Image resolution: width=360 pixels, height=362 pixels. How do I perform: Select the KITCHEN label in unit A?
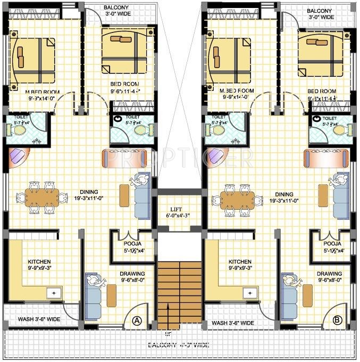pos(39,262)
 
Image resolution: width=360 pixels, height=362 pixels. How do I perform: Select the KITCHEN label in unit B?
pos(240,262)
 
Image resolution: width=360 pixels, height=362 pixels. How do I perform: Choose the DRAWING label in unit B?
pos(329,274)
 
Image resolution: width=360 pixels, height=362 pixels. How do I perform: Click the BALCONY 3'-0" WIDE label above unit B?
pos(320,14)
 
